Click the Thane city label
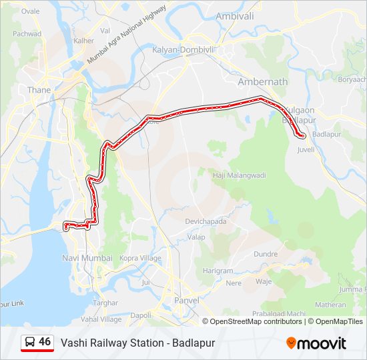(39, 89)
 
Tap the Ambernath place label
(262, 81)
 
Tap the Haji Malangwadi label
(240, 175)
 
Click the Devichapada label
(206, 221)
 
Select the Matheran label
(330, 304)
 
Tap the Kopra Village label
(140, 258)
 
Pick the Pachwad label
(27, 33)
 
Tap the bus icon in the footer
(30, 342)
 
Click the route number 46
(45, 342)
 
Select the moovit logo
(316, 343)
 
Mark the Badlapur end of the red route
(303, 136)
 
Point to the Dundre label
(266, 254)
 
